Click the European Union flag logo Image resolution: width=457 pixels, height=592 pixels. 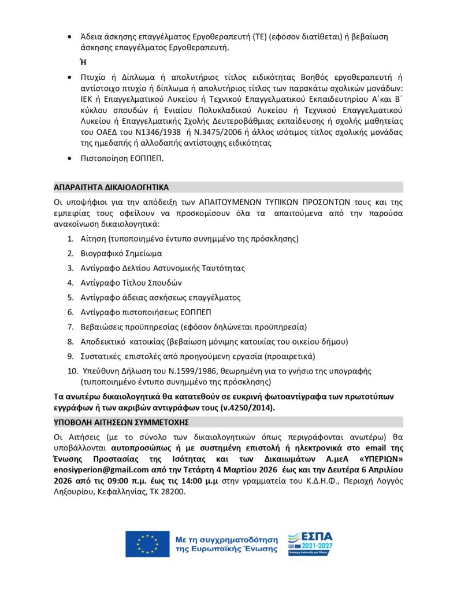pyautogui.click(x=147, y=544)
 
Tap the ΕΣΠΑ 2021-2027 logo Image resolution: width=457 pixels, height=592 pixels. pyautogui.click(x=310, y=544)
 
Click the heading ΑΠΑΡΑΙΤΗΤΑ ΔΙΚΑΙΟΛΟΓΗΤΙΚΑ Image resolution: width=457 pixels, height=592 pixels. pyautogui.click(x=112, y=187)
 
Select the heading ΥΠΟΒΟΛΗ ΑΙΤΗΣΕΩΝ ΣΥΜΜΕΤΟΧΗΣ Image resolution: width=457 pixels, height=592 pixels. pyautogui.click(x=121, y=421)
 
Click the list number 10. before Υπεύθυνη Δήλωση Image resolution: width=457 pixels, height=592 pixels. pyautogui.click(x=73, y=371)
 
